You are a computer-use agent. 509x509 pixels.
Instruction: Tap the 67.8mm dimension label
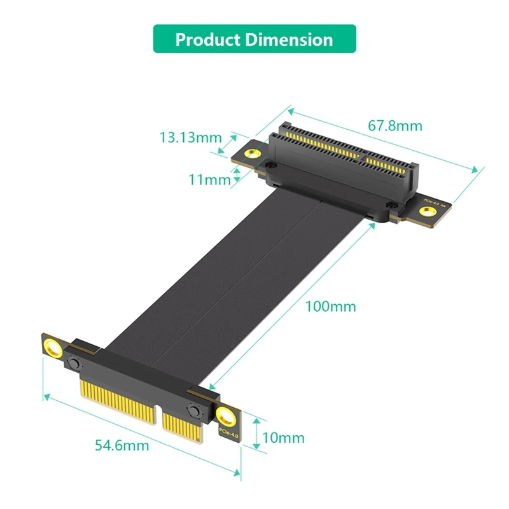coord(395,125)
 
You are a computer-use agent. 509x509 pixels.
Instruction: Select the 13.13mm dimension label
coord(190,137)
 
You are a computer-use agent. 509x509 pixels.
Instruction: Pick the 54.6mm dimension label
coord(122,445)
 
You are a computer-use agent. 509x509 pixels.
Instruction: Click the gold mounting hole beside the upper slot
coord(253,153)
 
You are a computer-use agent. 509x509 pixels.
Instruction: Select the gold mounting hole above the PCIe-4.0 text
coord(225,417)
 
